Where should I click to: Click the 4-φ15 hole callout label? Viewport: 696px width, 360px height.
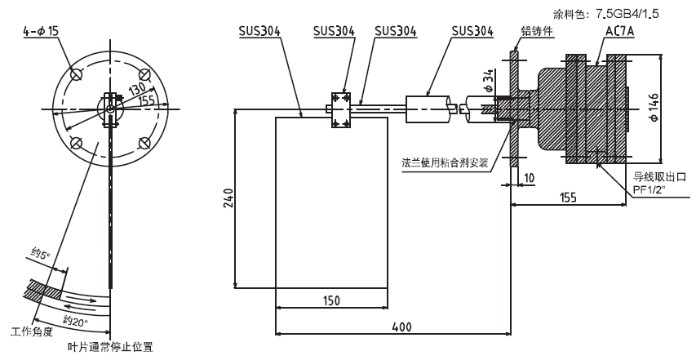[x=41, y=32]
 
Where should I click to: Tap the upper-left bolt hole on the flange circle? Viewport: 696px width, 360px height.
[x=77, y=73]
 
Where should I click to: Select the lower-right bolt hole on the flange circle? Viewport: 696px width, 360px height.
[x=144, y=143]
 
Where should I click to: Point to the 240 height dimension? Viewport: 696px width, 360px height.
[x=228, y=198]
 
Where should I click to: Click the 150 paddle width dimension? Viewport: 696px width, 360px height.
[x=331, y=300]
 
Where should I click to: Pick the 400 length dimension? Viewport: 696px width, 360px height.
[x=401, y=327]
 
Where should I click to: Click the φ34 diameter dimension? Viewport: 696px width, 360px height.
[x=488, y=81]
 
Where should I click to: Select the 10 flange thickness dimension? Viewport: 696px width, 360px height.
[x=529, y=178]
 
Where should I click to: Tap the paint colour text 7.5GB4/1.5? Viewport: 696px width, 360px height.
[x=627, y=14]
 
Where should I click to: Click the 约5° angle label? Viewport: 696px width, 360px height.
[x=41, y=255]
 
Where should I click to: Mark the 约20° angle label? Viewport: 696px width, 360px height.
[x=75, y=320]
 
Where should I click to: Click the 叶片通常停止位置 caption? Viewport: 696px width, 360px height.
[x=109, y=347]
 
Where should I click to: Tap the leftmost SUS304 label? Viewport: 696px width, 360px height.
[x=259, y=31]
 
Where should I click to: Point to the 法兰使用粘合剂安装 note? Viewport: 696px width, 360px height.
[x=445, y=162]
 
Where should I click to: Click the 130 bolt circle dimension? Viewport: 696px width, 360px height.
[x=137, y=90]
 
